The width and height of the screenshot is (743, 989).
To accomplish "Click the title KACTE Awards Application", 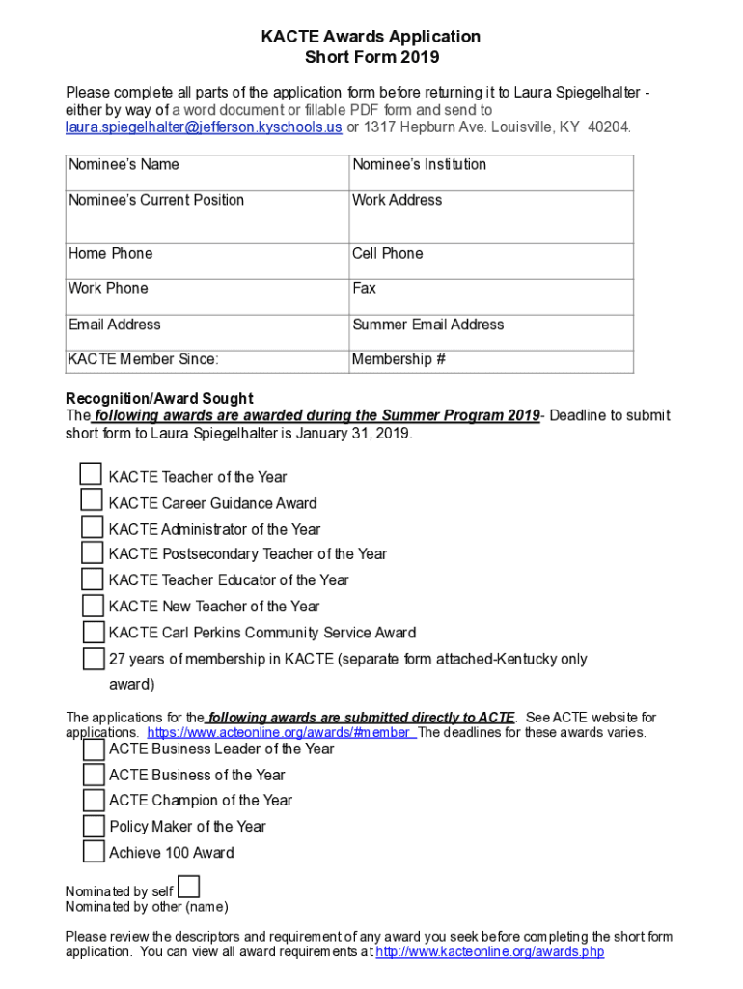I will (x=371, y=37).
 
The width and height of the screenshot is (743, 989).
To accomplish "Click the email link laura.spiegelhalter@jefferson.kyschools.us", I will (x=204, y=127).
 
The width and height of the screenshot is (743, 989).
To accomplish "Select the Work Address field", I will (x=491, y=218).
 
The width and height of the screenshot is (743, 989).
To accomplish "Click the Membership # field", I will (x=491, y=360).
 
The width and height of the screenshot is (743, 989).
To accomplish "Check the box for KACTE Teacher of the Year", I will (x=91, y=474).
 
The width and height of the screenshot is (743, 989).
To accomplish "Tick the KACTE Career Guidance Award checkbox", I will (x=92, y=500).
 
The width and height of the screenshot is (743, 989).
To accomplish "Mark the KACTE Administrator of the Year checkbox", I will (x=92, y=526).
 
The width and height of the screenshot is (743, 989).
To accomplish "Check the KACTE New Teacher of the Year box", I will (x=93, y=606).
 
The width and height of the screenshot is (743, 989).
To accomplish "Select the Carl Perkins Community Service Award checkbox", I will (x=93, y=632).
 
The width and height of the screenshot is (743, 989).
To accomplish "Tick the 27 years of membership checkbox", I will (x=94, y=659).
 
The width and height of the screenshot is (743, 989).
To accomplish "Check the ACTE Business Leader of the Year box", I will (x=94, y=749).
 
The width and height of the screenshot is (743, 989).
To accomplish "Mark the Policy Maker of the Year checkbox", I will (x=94, y=826).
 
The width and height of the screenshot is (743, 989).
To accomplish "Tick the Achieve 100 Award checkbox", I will (x=94, y=852).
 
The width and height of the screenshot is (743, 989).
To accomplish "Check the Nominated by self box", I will (x=190, y=887).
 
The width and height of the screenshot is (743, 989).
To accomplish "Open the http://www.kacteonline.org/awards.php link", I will (x=489, y=952).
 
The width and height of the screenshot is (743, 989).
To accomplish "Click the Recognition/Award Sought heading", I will (x=159, y=399).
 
